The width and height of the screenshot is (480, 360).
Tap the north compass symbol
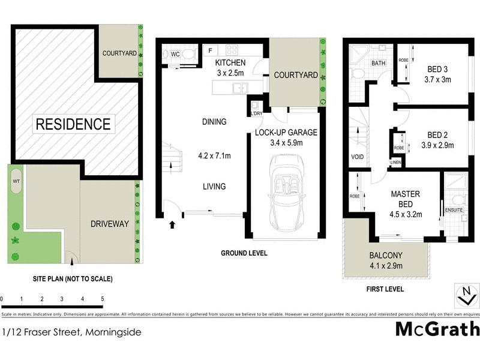coord(464,295)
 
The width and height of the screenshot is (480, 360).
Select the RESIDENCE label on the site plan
coord(73,124)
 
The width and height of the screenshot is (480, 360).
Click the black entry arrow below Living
coord(173,226)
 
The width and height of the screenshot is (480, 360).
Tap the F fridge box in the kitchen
coord(211,50)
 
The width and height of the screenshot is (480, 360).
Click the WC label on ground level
coord(176,55)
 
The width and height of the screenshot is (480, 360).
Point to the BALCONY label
coord(386,254)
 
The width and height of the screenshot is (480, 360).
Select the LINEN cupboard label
coord(395,162)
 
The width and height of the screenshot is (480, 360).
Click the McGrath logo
coord(437,329)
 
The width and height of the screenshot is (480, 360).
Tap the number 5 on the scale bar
coord(103,298)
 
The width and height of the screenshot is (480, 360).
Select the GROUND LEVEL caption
coord(243,253)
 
